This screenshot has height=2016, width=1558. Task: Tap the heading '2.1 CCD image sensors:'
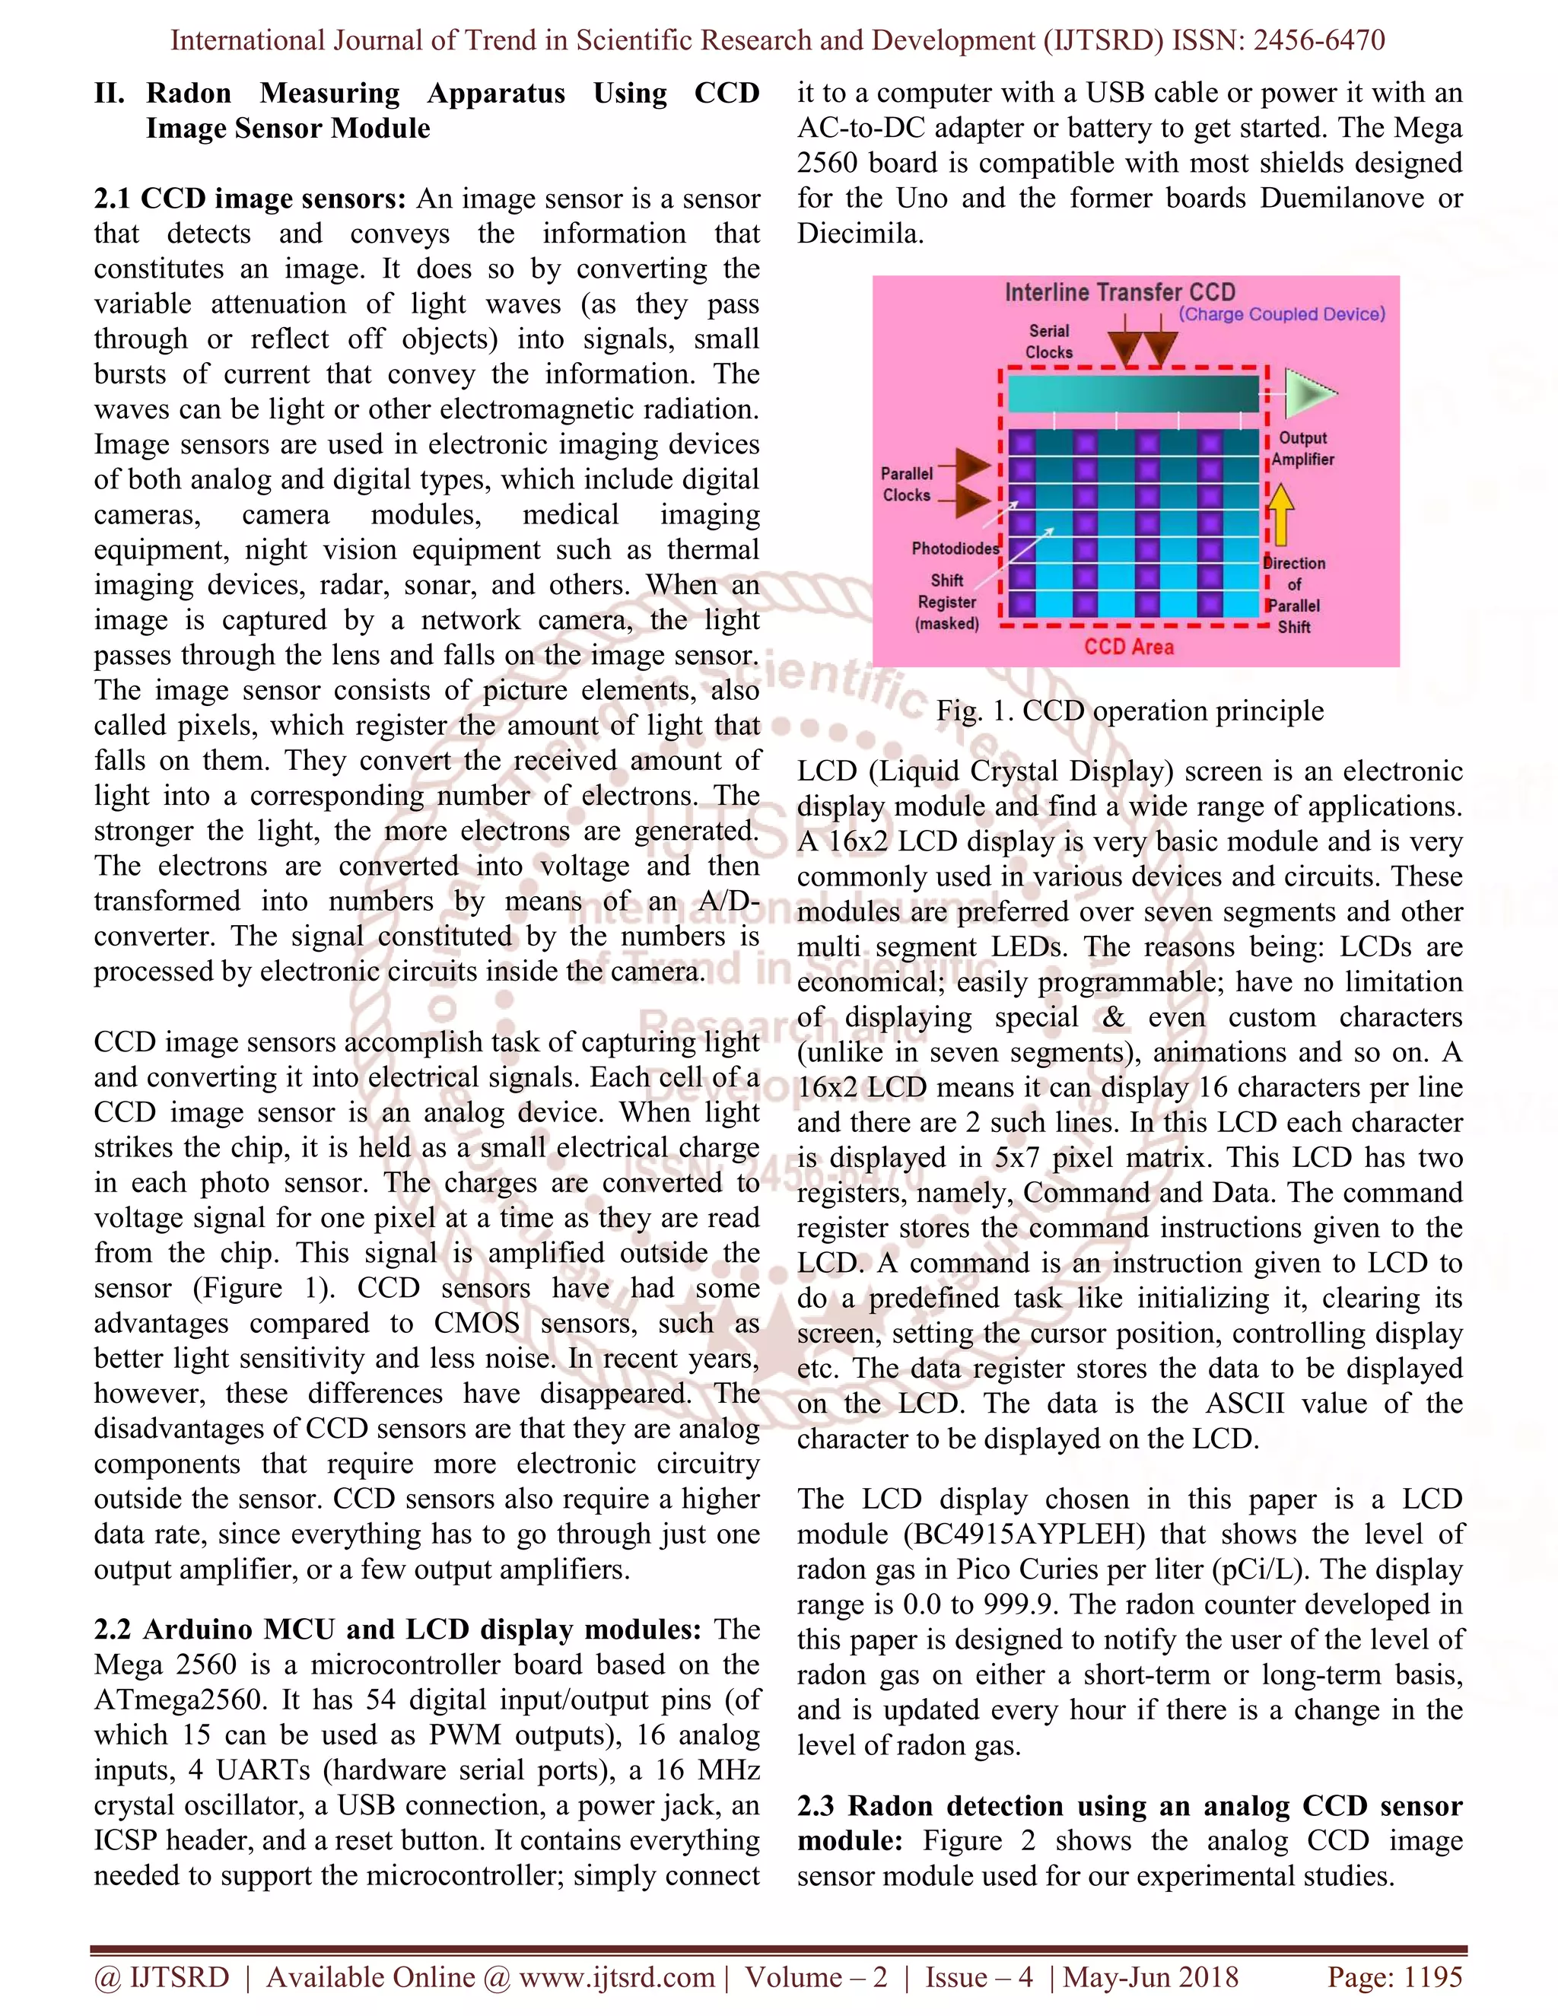pyautogui.click(x=250, y=199)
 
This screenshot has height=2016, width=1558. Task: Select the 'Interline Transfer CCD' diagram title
pyautogui.click(x=1120, y=293)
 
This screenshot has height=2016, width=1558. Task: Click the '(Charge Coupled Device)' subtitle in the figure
pyautogui.click(x=1282, y=315)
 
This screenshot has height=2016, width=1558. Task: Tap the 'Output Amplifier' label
pyautogui.click(x=1302, y=449)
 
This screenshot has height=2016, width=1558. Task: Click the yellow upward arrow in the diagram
pyautogui.click(x=1280, y=514)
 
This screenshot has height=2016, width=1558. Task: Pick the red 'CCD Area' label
pyautogui.click(x=1129, y=647)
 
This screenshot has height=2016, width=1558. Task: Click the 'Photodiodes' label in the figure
pyautogui.click(x=955, y=549)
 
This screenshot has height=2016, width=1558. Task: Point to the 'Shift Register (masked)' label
pyautogui.click(x=947, y=602)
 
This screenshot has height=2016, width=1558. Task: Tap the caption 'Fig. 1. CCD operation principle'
pyautogui.click(x=1130, y=711)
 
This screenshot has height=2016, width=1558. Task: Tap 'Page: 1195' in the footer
pyautogui.click(x=1394, y=1977)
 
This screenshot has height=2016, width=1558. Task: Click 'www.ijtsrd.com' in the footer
pyautogui.click(x=616, y=1977)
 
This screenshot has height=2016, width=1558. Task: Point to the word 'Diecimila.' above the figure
pyautogui.click(x=860, y=234)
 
